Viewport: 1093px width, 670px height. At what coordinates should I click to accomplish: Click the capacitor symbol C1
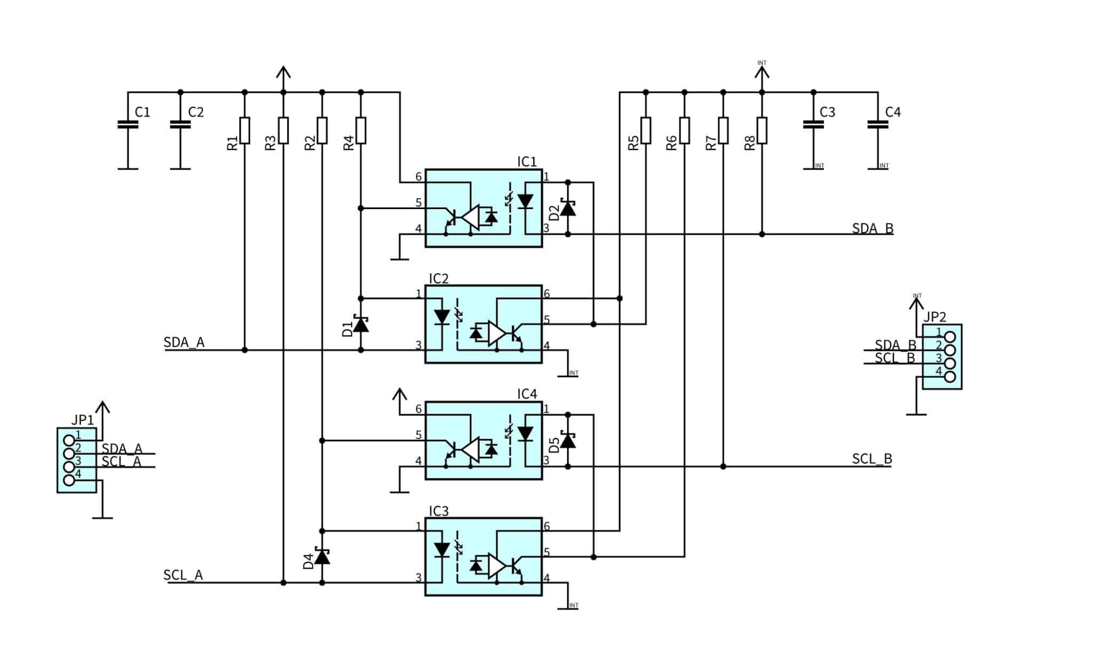(x=128, y=124)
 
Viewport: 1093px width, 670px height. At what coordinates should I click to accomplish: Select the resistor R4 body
(x=361, y=130)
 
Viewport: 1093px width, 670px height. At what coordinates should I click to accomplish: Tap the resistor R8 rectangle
(x=762, y=130)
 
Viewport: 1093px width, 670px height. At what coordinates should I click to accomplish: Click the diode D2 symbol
(x=567, y=208)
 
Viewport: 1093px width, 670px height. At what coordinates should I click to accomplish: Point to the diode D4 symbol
(x=322, y=557)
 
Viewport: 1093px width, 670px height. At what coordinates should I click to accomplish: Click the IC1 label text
(x=527, y=162)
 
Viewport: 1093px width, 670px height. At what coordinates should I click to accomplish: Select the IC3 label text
(x=439, y=511)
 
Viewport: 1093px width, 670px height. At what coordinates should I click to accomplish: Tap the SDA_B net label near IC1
(x=872, y=228)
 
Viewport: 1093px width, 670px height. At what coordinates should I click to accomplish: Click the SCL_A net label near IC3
(x=183, y=575)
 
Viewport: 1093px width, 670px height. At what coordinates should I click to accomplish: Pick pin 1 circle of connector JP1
(x=69, y=440)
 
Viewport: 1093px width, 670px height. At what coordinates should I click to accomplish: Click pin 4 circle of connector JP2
(x=949, y=377)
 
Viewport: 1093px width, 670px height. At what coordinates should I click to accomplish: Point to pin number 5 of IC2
(x=546, y=320)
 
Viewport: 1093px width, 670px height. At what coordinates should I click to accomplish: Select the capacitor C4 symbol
(x=877, y=124)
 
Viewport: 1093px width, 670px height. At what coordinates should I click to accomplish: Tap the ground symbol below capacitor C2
(x=180, y=169)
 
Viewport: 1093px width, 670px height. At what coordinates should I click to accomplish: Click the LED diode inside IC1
(x=526, y=202)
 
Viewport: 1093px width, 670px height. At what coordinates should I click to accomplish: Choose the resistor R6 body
(x=684, y=130)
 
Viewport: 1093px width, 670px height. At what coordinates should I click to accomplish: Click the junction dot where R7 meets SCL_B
(x=723, y=466)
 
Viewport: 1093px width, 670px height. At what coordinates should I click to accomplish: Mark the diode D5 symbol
(x=567, y=441)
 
